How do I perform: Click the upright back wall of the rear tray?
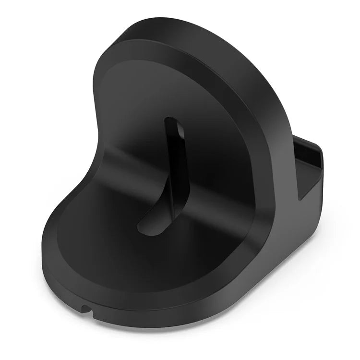(317, 144)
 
